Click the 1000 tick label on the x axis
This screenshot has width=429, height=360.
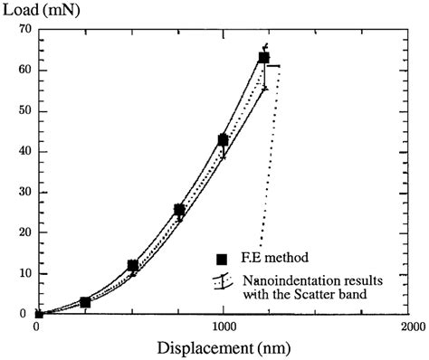223,327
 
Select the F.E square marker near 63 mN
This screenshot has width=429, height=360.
264,58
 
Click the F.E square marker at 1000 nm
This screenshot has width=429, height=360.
223,140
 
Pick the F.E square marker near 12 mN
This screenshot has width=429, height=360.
133,266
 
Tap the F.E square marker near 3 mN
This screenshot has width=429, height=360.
85,302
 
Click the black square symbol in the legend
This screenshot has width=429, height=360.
221,258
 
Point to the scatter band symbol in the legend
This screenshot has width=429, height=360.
222,284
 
